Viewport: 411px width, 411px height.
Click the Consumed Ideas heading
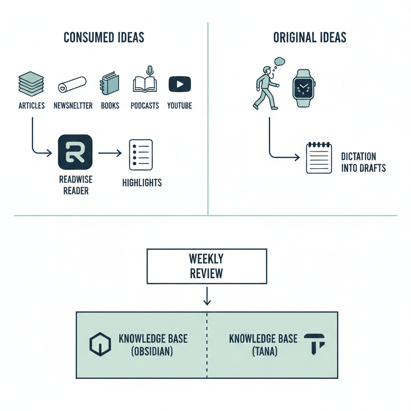click(104, 37)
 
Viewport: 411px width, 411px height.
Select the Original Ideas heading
click(309, 37)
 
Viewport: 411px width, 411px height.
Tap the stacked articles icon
click(31, 83)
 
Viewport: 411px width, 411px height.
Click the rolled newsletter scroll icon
click(72, 84)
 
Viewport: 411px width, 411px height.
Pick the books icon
click(110, 83)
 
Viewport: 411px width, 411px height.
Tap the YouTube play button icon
click(179, 84)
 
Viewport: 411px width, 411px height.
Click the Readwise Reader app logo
click(75, 152)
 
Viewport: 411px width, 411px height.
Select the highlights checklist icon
click(140, 155)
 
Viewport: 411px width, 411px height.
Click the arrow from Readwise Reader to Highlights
click(110, 153)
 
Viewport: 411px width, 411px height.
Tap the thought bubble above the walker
click(279, 62)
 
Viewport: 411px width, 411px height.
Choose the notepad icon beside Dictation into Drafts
click(319, 158)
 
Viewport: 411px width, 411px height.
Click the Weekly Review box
click(207, 266)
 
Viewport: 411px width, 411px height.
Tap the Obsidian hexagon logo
click(100, 345)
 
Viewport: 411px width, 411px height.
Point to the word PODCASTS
click(144, 106)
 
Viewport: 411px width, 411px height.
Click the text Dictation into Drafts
click(363, 162)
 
